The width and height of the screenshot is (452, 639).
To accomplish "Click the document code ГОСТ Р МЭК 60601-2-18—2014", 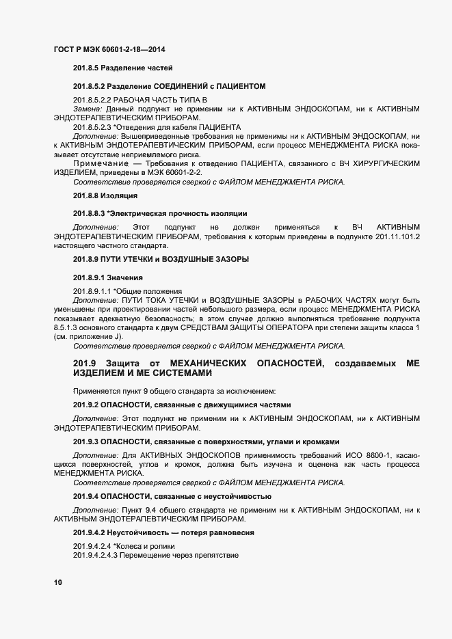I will [109, 50].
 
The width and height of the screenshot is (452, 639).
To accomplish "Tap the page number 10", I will [57, 582].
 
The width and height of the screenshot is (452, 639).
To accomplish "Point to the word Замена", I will [87, 109].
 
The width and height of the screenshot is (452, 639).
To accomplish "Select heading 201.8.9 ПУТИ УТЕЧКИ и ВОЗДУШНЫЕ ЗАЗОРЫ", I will [161, 259].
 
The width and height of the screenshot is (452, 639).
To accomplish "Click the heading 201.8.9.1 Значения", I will [107, 277].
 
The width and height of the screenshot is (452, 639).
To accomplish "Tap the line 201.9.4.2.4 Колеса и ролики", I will [124, 547].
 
